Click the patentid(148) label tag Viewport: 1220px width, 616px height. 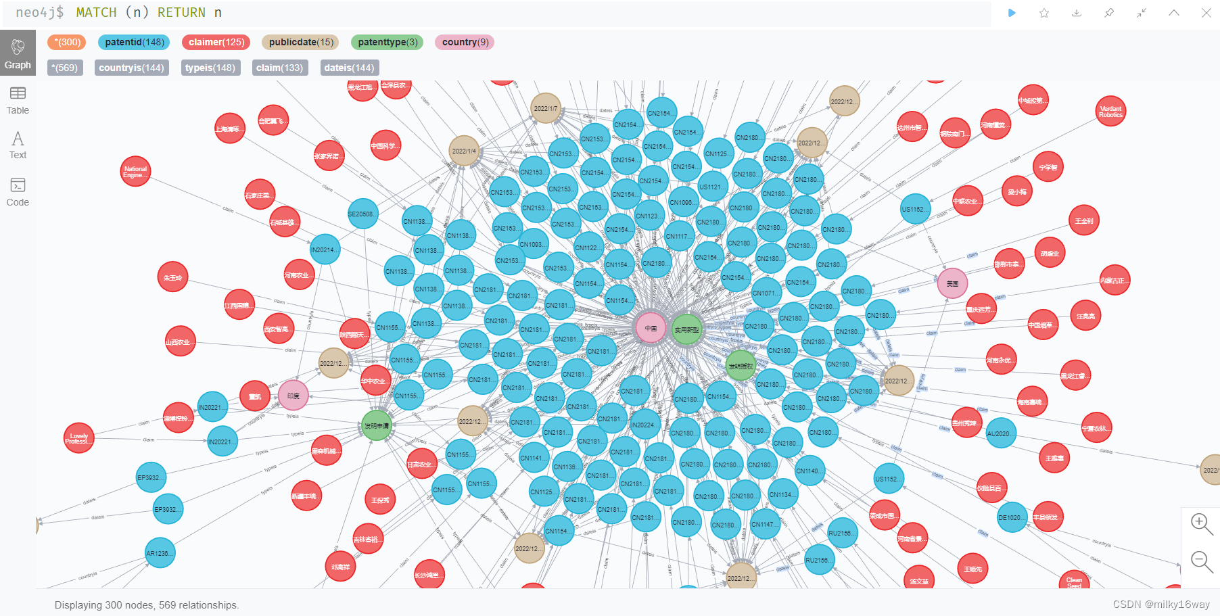[135, 42]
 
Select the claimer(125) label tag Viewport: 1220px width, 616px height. [216, 42]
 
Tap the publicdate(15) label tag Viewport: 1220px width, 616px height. [301, 42]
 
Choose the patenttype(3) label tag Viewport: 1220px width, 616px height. [388, 42]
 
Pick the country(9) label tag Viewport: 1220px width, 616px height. [465, 42]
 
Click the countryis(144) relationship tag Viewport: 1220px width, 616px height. [131, 68]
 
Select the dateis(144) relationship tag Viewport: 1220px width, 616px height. [349, 68]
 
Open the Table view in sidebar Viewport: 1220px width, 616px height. [18, 100]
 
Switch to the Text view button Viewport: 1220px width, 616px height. [18, 145]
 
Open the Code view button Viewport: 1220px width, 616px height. [18, 192]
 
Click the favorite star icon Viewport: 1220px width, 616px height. [1044, 13]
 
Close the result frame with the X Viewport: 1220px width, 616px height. [1206, 13]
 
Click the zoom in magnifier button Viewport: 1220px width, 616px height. [1201, 523]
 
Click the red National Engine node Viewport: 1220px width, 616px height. [135, 172]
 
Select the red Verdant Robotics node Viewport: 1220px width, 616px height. [1110, 112]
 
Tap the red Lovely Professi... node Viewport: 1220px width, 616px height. [78, 438]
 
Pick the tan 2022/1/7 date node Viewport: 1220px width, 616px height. [546, 108]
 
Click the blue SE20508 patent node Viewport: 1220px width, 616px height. [362, 214]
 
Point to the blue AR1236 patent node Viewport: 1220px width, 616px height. [160, 553]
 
